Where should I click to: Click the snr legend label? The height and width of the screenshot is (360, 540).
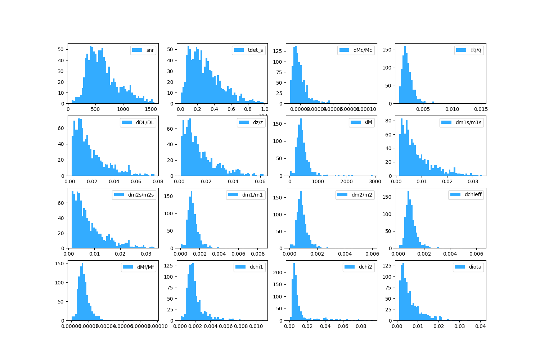[x=150, y=50]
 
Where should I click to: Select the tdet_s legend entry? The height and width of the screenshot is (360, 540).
[x=255, y=50]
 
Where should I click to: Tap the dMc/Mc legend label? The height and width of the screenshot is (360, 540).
[x=363, y=50]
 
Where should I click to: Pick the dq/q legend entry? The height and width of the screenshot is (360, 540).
[x=476, y=50]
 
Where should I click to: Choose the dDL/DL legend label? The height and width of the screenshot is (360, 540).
[x=145, y=122]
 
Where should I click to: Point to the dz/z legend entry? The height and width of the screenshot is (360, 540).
[x=258, y=122]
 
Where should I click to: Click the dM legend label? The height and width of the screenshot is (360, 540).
[x=368, y=122]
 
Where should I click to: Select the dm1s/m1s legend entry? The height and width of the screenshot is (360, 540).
[x=468, y=122]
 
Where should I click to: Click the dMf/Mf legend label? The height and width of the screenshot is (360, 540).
[x=145, y=267]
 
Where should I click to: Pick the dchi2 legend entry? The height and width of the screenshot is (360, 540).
[x=365, y=267]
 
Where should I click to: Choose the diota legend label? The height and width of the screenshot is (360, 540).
[x=475, y=267]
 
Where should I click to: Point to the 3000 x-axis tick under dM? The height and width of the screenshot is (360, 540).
[x=375, y=181]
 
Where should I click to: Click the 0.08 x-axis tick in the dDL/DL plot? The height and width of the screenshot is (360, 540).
[x=158, y=181]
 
